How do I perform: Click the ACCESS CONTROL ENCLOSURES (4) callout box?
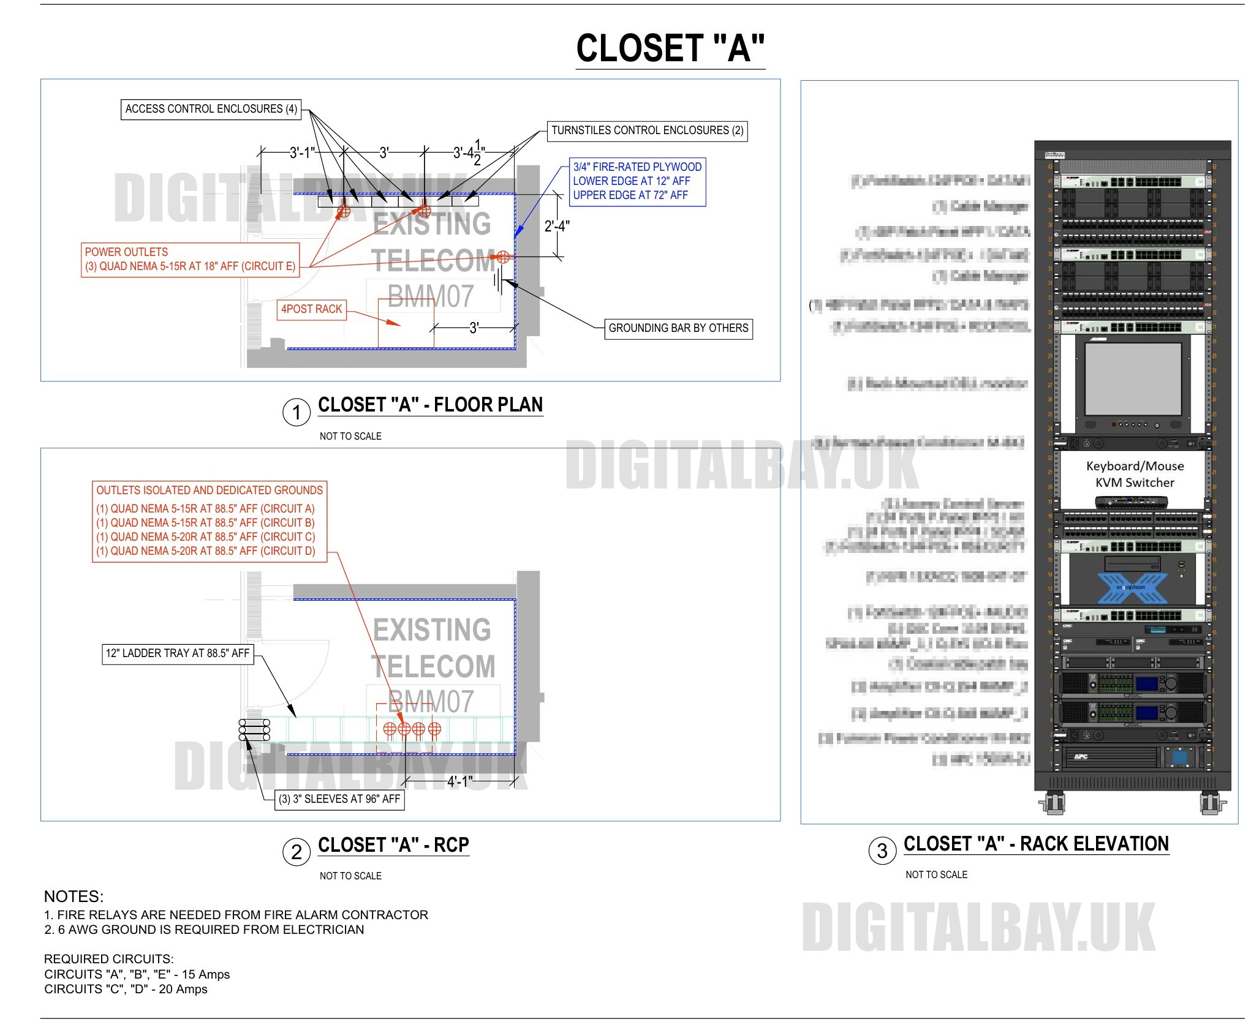click(x=211, y=109)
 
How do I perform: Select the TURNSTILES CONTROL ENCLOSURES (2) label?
click(x=647, y=130)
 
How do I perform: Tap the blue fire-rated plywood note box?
click(x=637, y=181)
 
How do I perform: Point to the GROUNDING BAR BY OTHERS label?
click(x=678, y=328)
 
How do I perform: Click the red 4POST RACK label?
click(x=311, y=309)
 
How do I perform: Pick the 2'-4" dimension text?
click(x=557, y=227)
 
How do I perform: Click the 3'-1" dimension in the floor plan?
click(x=302, y=152)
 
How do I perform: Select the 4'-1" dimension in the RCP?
click(x=459, y=781)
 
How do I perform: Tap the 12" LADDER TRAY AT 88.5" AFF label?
click(x=178, y=653)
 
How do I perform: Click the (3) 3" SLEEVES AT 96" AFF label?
click(x=339, y=799)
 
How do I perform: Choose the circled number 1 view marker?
click(x=297, y=413)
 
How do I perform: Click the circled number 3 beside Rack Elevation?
click(x=882, y=851)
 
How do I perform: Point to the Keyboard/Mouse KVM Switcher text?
click(x=1135, y=474)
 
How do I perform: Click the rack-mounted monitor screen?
click(x=1133, y=379)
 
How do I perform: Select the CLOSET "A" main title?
click(x=670, y=49)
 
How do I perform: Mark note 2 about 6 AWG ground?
click(x=204, y=930)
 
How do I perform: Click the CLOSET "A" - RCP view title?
click(x=393, y=845)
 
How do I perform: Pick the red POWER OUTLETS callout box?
click(x=190, y=260)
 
